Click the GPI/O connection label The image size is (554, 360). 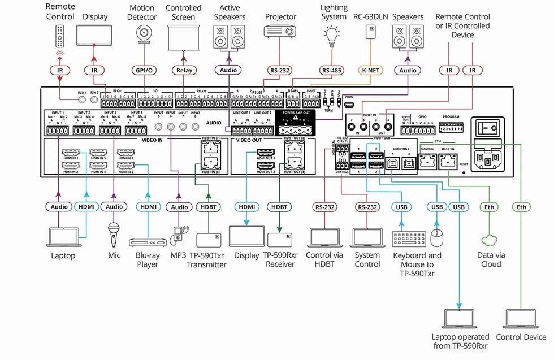tap(142, 71)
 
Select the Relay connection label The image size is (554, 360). tap(184, 71)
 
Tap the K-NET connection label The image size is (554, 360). tap(370, 71)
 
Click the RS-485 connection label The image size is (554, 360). tap(333, 71)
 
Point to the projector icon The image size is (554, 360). tap(281, 34)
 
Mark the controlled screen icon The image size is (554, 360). tap(184, 37)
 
